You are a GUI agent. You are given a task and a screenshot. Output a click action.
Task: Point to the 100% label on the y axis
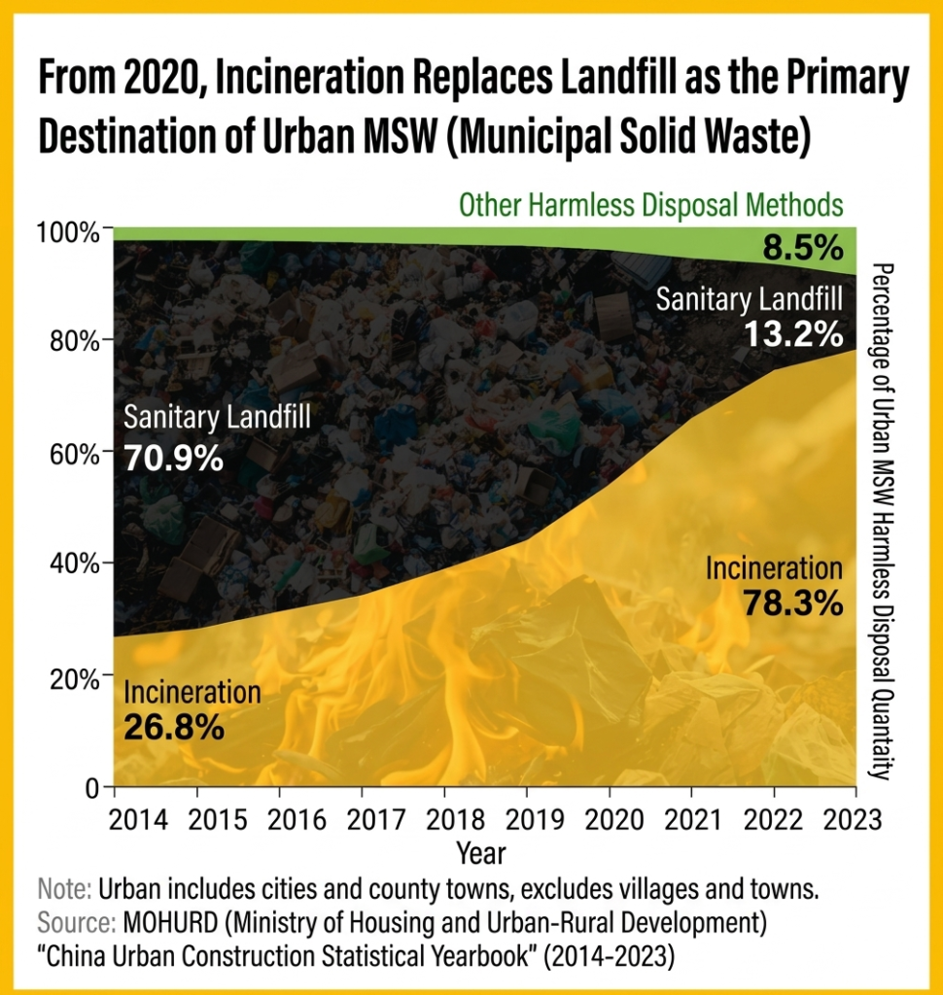click(x=68, y=233)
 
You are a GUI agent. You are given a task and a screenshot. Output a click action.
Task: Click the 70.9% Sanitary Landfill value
click(x=174, y=457)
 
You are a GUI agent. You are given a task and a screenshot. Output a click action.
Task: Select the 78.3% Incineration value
click(x=792, y=603)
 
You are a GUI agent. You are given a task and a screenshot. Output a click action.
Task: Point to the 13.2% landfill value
click(x=793, y=334)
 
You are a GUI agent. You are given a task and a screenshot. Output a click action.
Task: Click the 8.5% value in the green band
click(x=801, y=248)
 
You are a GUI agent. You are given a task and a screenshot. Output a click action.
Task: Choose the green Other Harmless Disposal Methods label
click(x=650, y=205)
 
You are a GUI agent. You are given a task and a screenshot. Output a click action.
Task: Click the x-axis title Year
click(x=480, y=853)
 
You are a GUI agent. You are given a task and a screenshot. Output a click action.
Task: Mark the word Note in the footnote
click(x=64, y=889)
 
